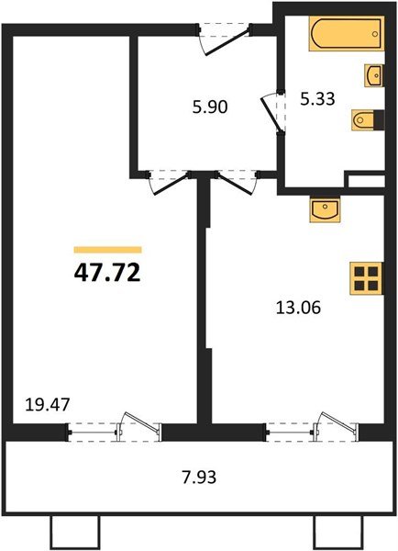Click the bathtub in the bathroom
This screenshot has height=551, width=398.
342,36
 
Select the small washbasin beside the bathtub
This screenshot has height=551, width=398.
374,73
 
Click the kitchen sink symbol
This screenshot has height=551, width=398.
325,209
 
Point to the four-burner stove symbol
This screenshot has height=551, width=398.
367,278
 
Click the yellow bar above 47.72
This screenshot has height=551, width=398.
107,249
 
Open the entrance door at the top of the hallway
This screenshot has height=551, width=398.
223,33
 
